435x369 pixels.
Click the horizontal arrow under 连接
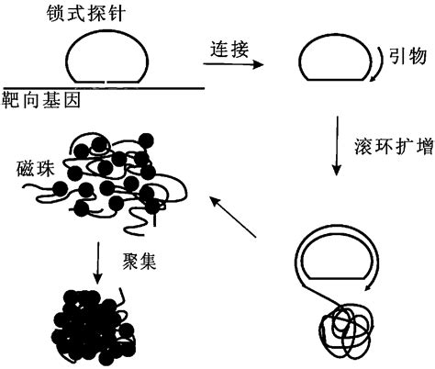[229, 65]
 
